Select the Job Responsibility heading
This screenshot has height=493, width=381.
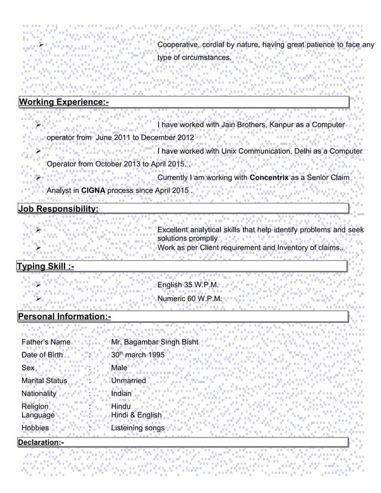59,209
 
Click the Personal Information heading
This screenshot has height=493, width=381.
64,315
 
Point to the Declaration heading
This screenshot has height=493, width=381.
41,442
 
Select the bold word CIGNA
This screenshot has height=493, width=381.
94,190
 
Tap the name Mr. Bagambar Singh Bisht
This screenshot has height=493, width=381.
155,342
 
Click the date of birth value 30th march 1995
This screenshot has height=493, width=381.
138,355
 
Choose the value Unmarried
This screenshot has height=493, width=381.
128,381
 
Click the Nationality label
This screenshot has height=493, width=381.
39,394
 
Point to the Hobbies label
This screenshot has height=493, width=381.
35,428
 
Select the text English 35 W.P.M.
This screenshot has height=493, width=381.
190,285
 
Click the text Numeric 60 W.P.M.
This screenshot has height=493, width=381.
190,298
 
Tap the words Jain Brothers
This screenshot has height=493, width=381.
244,125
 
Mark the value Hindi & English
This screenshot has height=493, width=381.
136,415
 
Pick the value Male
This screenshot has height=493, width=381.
119,368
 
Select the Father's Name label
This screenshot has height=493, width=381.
46,342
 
